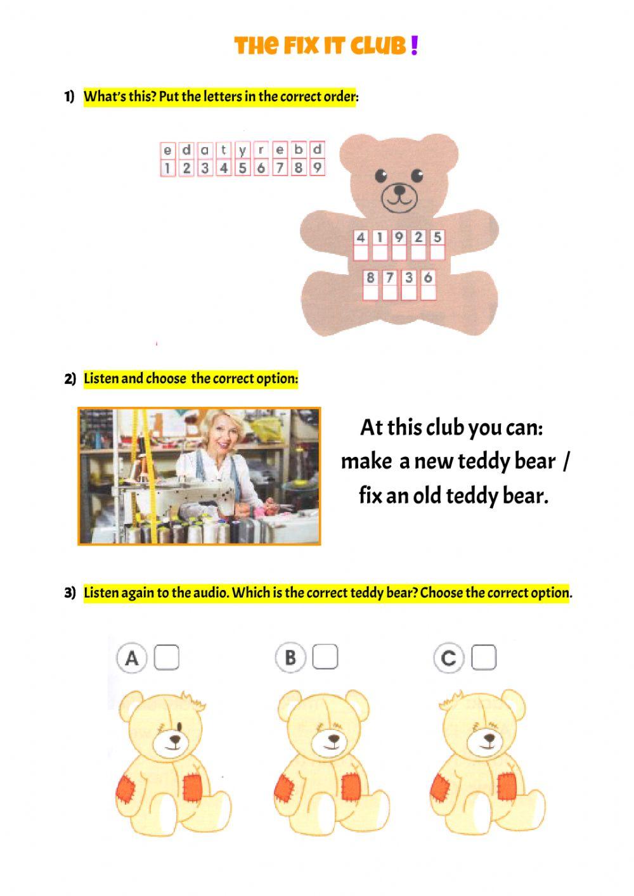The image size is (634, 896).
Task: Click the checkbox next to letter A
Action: (167, 657)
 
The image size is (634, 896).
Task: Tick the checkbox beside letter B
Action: (325, 657)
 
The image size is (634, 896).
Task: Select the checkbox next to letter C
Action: (484, 658)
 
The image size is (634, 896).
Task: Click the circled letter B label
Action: (290, 658)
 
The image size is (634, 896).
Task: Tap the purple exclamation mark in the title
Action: (414, 46)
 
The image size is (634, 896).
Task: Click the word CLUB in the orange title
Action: (378, 46)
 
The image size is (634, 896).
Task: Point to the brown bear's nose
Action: (399, 189)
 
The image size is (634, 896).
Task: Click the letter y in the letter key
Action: (242, 151)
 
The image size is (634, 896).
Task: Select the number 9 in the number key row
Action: (316, 168)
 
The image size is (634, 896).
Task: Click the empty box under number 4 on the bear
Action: (361, 253)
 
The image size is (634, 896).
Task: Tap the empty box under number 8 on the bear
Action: (371, 293)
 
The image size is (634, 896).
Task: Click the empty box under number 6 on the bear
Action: (429, 293)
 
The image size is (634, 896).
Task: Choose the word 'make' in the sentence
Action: (366, 461)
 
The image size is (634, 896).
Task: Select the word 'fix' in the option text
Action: (370, 495)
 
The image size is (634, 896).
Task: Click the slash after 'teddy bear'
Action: (566, 461)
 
